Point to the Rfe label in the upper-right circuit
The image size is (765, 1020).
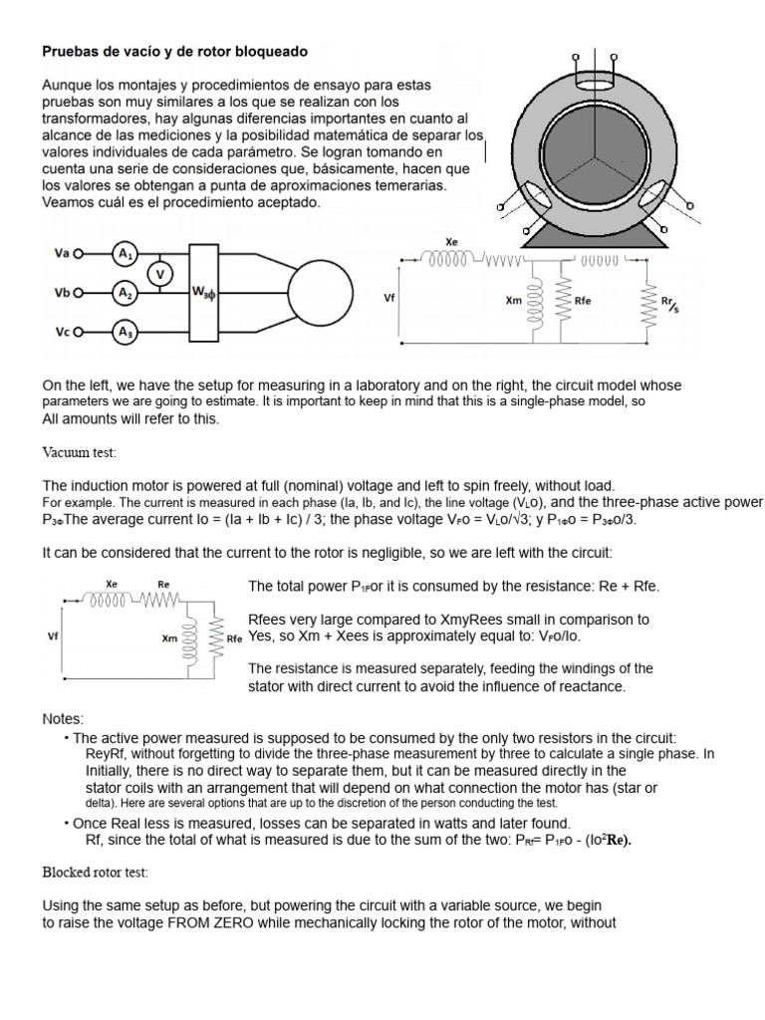point(584,298)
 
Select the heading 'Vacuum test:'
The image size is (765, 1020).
point(79,453)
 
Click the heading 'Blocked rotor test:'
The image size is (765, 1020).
point(95,873)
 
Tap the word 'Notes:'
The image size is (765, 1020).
point(63,718)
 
